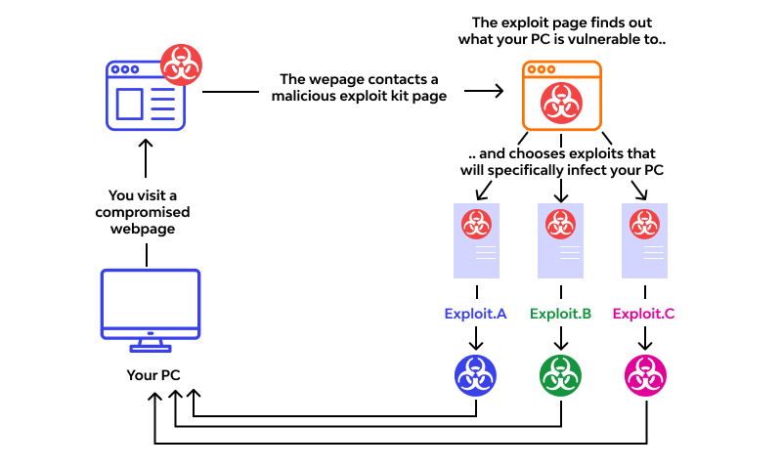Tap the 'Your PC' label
tap(153, 374)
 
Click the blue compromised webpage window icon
tap(145, 96)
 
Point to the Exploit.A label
tap(476, 314)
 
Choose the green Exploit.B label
tap(560, 314)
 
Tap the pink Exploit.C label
tap(644, 314)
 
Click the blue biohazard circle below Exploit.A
tap(476, 375)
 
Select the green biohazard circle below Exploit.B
tap(560, 375)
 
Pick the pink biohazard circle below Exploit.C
tap(644, 375)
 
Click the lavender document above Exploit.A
tap(476, 239)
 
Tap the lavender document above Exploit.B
tap(560, 239)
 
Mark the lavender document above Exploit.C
tap(644, 239)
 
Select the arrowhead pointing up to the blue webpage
tap(145, 145)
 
